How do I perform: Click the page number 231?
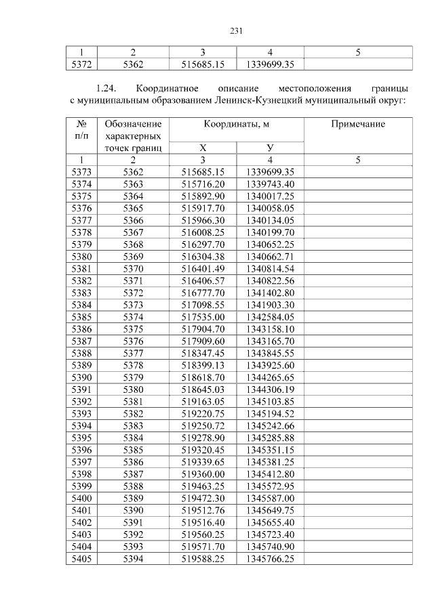[237, 30]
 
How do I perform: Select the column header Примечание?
[357, 124]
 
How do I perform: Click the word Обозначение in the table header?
[133, 124]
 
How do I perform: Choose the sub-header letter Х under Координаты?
[202, 148]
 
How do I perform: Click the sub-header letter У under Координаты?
[270, 148]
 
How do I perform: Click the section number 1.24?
[107, 89]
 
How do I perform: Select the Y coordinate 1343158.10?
[270, 329]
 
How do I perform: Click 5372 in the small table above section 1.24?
[81, 64]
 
